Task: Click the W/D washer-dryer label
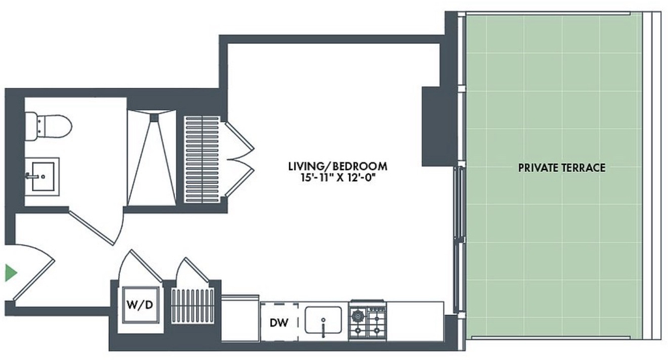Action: tap(140, 305)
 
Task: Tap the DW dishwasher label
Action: tap(279, 323)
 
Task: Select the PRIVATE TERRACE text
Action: tap(562, 168)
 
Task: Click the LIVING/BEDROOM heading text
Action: tap(337, 166)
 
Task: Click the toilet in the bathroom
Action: tap(48, 126)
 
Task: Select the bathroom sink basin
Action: tap(42, 176)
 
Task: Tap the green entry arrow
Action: tap(10, 273)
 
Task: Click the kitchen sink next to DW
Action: tap(323, 320)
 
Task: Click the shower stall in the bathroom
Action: tap(151, 158)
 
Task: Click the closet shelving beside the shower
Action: tap(202, 159)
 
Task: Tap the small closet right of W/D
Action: tap(192, 306)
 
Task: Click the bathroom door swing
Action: tap(97, 226)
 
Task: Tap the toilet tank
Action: tap(31, 126)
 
